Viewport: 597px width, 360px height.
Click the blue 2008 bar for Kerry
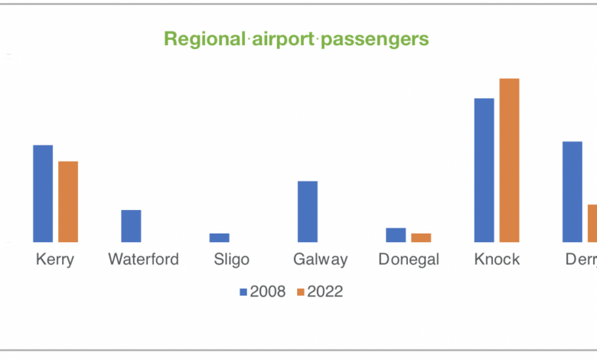click(43, 193)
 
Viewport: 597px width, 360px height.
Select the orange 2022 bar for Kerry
click(68, 201)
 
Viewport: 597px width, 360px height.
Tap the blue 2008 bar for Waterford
click(131, 226)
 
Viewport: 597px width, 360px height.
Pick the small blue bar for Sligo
click(220, 237)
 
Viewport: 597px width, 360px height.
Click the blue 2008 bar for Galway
click(308, 211)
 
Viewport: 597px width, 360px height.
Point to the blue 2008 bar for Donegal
click(396, 234)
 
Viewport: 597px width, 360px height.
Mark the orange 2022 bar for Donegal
click(421, 237)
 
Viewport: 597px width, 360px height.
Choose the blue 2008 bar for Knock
click(484, 170)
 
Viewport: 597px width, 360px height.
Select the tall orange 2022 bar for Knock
click(509, 160)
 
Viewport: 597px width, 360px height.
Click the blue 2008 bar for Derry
click(573, 191)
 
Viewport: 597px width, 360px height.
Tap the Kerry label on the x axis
click(55, 260)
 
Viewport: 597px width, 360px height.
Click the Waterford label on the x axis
click(143, 260)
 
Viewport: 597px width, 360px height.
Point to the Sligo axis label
click(231, 260)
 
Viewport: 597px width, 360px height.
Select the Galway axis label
click(320, 260)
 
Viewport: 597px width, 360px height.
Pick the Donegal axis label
click(409, 260)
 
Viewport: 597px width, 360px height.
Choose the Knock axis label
click(497, 260)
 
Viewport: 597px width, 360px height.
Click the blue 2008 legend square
click(243, 292)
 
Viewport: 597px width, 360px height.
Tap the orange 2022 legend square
click(301, 292)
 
